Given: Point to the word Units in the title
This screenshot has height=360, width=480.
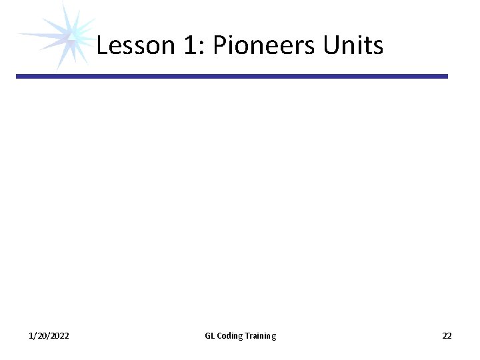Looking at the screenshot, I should tap(353, 45).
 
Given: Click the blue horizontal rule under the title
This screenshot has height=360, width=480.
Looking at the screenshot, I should tap(232, 77).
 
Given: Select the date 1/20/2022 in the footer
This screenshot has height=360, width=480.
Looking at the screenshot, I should tap(49, 336).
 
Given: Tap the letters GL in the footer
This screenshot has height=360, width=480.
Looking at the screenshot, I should tap(209, 336).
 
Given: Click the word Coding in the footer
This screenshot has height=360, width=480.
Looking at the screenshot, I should tap(229, 336).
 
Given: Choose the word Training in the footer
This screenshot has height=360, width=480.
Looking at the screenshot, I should tap(260, 336).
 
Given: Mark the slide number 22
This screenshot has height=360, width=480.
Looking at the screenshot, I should tap(447, 336).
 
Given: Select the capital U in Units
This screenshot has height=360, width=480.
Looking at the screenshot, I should tap(331, 45).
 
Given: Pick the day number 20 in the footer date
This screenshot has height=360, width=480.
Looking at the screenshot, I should tap(41, 336).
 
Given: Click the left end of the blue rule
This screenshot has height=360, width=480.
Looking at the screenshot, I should tap(19, 77).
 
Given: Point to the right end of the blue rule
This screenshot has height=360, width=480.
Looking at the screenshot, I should tap(445, 77).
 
